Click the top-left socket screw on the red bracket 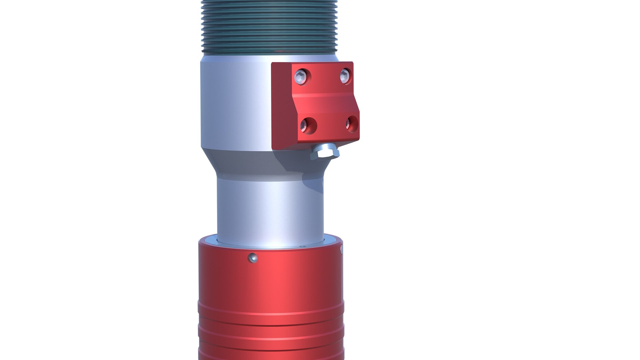[301, 77]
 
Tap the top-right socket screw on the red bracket [345, 76]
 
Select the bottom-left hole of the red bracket [308, 126]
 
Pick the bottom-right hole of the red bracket [352, 124]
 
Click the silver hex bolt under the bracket [325, 153]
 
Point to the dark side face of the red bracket [282, 107]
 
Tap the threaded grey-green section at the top [269, 27]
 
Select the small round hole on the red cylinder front [253, 258]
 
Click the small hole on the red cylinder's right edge [341, 249]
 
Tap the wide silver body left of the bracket [233, 103]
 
